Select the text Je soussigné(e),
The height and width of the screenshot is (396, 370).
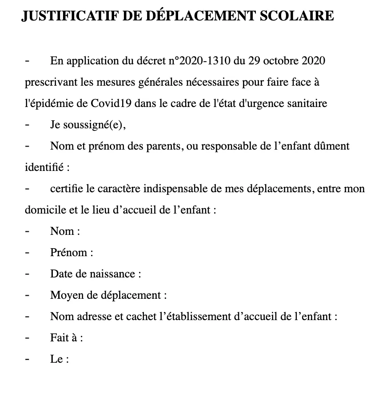88,125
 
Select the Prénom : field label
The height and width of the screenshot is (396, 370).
71,253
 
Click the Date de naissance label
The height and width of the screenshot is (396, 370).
95,274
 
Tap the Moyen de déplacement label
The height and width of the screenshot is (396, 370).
108,295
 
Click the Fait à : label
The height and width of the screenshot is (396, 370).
67,338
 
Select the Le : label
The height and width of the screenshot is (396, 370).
60,359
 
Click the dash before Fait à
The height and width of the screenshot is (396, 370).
28,338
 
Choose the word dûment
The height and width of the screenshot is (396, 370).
334,146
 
